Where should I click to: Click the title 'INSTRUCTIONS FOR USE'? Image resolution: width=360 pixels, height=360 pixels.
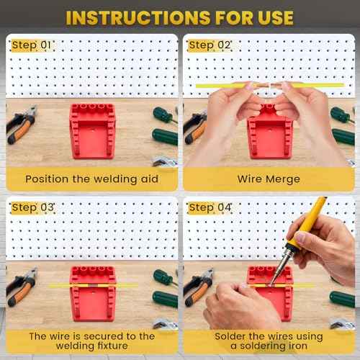click(180, 17)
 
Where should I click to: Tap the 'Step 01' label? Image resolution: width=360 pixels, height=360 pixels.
click(32, 45)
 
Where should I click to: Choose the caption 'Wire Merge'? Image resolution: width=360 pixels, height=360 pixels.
click(269, 179)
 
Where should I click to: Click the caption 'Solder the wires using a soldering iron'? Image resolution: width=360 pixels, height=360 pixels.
click(269, 341)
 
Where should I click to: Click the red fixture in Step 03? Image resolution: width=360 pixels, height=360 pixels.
click(92, 293)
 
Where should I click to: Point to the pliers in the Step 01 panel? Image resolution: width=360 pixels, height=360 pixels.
click(22, 126)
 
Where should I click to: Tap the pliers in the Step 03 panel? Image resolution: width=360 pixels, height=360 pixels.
click(22, 288)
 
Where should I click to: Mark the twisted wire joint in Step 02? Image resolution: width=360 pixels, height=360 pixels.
click(268, 86)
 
